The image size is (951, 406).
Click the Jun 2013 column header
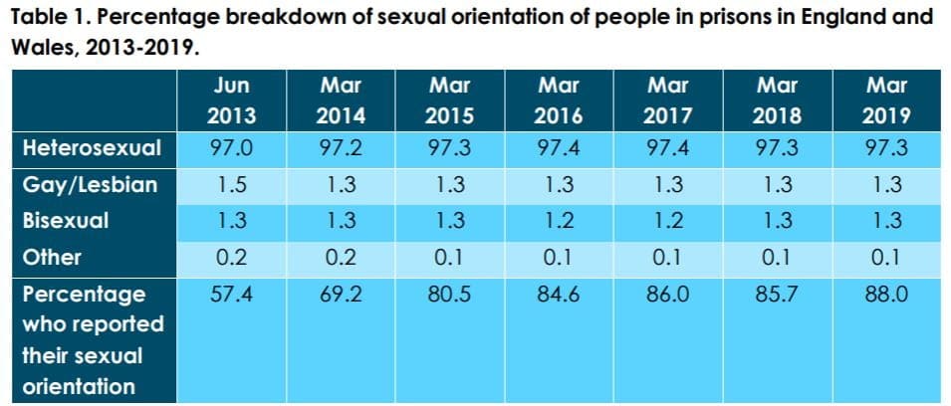231,100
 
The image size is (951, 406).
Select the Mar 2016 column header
559,100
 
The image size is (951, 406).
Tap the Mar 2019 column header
886,100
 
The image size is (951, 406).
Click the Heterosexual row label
93,148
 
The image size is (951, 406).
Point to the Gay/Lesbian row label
91,185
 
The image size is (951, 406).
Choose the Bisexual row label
66,221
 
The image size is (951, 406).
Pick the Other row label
52,258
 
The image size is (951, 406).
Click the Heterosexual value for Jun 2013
231,148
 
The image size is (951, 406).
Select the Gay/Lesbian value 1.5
231,185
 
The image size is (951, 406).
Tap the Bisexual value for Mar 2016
559,221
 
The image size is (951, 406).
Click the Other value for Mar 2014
341,258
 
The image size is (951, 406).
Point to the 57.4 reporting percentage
231,296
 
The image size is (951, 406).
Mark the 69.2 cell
341,296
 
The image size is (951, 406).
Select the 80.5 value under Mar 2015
449,296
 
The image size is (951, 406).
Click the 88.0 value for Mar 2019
886,296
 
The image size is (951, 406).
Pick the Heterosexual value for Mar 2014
341,148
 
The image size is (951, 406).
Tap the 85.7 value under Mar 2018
777,296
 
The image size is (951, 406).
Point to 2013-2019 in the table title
142,49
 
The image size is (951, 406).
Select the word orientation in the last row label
79,386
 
